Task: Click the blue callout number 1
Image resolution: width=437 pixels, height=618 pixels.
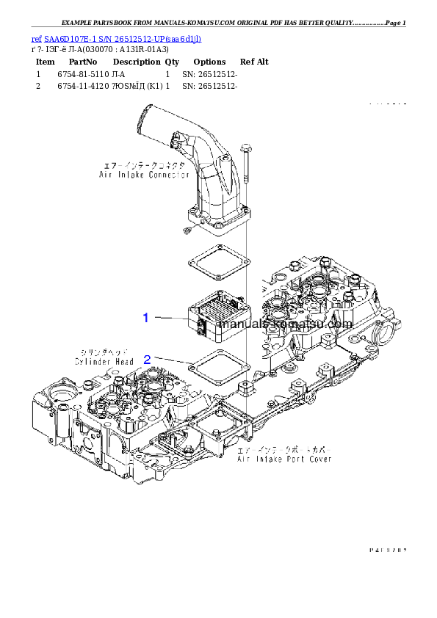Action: (x=146, y=318)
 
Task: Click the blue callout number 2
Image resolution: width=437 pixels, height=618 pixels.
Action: (x=147, y=360)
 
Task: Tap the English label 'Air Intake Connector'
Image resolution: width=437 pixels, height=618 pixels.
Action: (x=144, y=175)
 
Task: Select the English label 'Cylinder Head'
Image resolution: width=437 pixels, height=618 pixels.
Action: (x=104, y=362)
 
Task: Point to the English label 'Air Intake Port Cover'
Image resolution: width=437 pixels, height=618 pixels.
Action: (x=283, y=459)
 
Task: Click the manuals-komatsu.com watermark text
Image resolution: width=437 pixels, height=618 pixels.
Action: (x=286, y=324)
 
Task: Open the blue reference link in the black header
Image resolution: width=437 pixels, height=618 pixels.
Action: (x=117, y=38)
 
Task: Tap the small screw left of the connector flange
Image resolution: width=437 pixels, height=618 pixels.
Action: (x=187, y=232)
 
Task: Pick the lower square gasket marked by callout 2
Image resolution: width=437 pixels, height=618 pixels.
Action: (x=219, y=365)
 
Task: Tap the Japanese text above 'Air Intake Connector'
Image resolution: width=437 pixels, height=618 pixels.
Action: (x=145, y=166)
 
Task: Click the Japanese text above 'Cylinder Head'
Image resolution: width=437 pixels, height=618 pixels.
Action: (x=104, y=352)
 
